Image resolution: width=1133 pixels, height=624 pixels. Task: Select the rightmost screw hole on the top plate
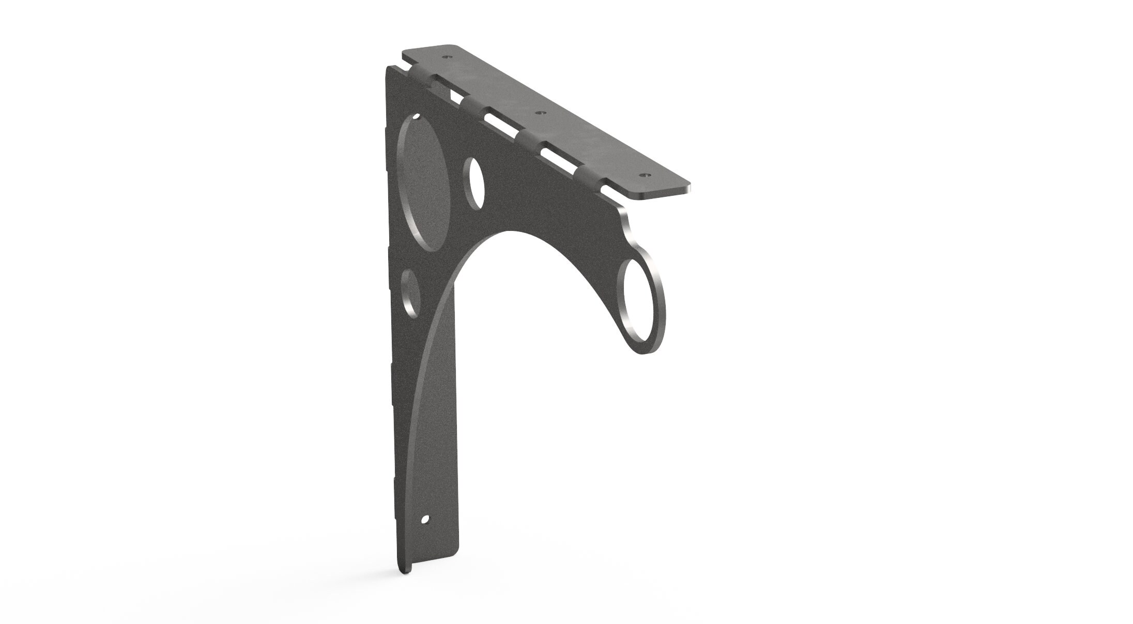[644, 175]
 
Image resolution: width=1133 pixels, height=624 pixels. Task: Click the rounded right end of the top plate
[685, 187]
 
